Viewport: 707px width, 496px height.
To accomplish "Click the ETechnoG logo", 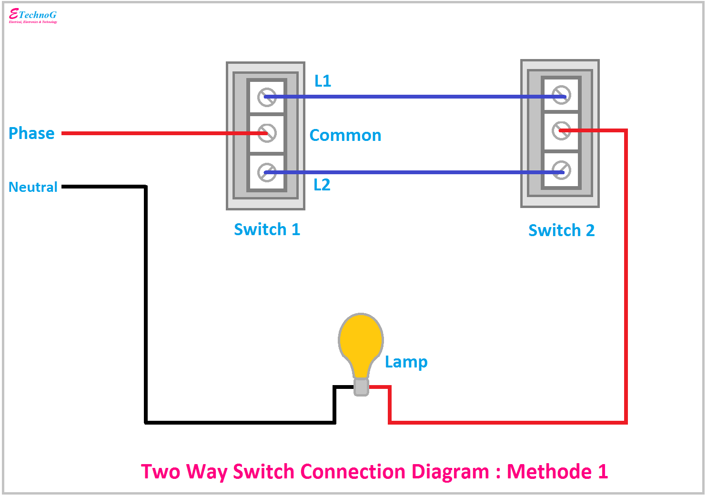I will [33, 16].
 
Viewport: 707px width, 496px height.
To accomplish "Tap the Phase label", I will [31, 133].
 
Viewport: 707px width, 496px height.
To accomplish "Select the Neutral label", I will [33, 187].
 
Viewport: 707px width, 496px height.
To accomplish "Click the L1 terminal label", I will [323, 81].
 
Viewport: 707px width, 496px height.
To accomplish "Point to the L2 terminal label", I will [322, 185].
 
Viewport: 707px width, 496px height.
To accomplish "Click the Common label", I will [345, 135].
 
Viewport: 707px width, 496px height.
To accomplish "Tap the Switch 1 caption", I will [267, 229].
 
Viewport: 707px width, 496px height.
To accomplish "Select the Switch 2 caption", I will [561, 230].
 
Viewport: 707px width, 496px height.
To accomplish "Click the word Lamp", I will [406, 362].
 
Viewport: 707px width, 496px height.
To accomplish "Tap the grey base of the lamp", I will [361, 387].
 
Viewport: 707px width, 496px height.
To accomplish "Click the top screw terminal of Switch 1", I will [267, 97].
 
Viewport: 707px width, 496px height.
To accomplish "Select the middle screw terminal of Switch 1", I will [267, 133].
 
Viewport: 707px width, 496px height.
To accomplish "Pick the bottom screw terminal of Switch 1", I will [267, 172].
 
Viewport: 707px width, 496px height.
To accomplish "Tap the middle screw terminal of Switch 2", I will [561, 130].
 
